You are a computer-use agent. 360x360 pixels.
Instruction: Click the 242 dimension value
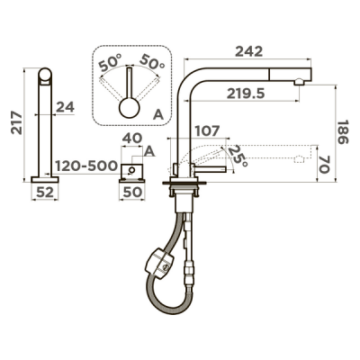click(x=248, y=51)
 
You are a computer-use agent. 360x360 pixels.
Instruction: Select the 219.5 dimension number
click(x=246, y=94)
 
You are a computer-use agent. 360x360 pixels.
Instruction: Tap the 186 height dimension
click(x=343, y=132)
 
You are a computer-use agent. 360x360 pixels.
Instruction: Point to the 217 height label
click(x=17, y=122)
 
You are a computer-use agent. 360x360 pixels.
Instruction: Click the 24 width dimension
click(x=66, y=107)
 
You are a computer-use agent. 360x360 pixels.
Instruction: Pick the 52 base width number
click(x=45, y=193)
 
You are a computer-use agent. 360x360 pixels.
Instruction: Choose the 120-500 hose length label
click(x=86, y=166)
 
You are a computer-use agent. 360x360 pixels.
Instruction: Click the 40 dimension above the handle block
click(x=132, y=139)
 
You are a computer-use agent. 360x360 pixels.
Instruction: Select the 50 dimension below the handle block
click(x=132, y=193)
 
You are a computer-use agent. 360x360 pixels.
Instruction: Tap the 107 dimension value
click(x=207, y=130)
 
